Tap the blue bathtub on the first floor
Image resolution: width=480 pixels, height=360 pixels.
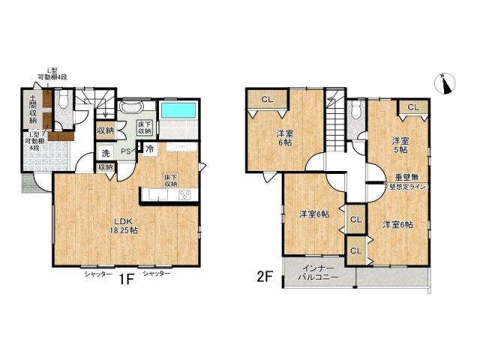click(x=178, y=110)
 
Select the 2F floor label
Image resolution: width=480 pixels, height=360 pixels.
click(x=264, y=276)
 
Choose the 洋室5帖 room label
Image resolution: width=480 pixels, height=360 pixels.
click(x=399, y=145)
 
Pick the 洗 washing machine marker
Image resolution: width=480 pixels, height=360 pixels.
click(x=106, y=154)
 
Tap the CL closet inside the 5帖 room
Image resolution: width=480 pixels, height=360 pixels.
click(x=413, y=107)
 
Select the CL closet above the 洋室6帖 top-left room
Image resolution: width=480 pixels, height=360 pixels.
click(x=268, y=100)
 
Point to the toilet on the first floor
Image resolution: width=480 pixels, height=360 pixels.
click(x=63, y=98)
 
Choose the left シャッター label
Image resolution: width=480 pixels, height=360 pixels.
click(x=98, y=274)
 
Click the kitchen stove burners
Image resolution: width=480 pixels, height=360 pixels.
click(x=184, y=196)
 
